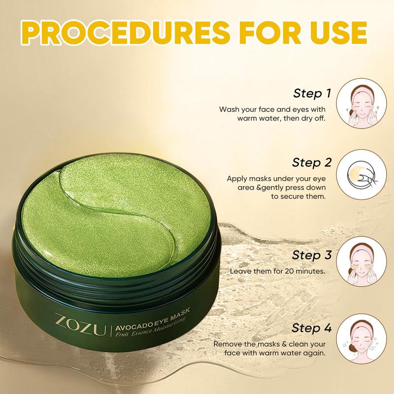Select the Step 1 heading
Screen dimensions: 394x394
[312, 93]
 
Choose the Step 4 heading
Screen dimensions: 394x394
[312, 328]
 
